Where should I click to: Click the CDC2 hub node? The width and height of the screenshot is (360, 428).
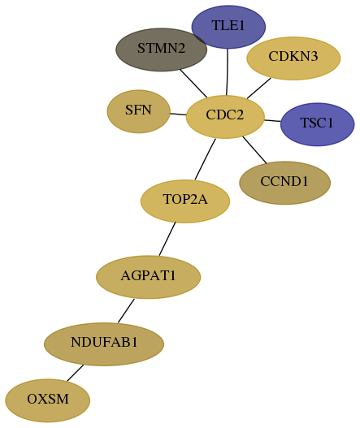[x=225, y=117]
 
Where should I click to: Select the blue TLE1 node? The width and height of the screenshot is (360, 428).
[x=228, y=27]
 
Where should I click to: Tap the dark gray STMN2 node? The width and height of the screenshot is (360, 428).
[x=161, y=50]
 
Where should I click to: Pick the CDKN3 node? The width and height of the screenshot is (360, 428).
[x=293, y=58]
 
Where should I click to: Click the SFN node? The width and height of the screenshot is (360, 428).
[x=138, y=111]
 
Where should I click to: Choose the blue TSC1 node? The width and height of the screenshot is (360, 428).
[x=317, y=124]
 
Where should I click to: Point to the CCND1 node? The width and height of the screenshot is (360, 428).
[x=284, y=183]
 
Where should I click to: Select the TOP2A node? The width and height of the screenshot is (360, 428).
[x=185, y=201]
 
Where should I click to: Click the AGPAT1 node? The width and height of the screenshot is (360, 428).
[x=149, y=277]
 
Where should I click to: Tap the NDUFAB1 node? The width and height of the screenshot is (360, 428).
[x=104, y=344]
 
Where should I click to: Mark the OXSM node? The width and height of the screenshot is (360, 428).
[x=47, y=400]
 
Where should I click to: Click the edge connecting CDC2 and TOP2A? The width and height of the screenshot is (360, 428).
[x=205, y=159]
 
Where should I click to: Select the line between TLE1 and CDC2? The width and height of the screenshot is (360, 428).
[x=227, y=71]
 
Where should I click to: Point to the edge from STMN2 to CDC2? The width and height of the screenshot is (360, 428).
[x=193, y=84]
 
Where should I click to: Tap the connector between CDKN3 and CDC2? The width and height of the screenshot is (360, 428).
[x=259, y=89]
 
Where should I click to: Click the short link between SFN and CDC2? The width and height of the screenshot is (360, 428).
[x=178, y=114]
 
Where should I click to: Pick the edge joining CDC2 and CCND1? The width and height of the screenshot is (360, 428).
[x=254, y=150]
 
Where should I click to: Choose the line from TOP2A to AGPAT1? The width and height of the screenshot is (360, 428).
[x=167, y=239]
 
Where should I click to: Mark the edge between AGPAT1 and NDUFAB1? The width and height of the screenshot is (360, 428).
[x=126, y=310]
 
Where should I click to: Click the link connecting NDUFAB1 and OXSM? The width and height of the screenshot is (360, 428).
[x=75, y=373]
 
